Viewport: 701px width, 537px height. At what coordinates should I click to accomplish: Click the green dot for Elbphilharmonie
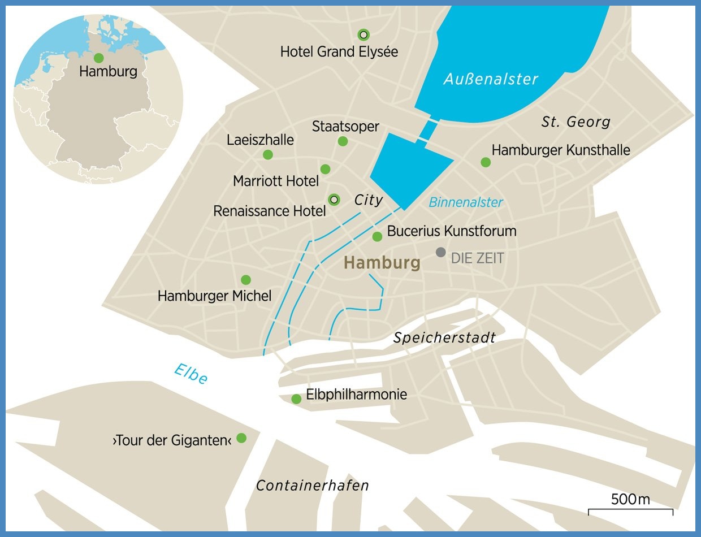click(x=296, y=399)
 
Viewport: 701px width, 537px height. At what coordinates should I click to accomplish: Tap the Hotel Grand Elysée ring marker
click(x=364, y=34)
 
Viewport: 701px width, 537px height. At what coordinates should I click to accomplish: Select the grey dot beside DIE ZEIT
click(x=440, y=252)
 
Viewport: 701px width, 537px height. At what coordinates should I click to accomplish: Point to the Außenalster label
click(x=490, y=79)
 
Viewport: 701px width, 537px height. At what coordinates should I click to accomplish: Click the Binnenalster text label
click(x=465, y=202)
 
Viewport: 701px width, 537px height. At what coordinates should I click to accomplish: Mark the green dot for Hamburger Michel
click(x=245, y=280)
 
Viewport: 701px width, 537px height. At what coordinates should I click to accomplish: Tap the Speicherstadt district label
click(x=444, y=338)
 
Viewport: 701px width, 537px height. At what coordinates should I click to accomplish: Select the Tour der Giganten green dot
click(x=241, y=438)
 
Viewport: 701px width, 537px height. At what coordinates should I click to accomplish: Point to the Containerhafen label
click(x=312, y=486)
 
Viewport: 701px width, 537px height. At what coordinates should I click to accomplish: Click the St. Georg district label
click(x=575, y=122)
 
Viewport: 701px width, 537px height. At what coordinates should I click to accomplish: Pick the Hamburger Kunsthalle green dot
click(x=485, y=162)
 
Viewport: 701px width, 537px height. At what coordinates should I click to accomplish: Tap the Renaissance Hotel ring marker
click(x=334, y=199)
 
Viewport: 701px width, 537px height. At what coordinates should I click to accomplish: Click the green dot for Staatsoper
click(x=342, y=141)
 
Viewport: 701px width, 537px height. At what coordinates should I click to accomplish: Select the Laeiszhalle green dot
click(x=268, y=155)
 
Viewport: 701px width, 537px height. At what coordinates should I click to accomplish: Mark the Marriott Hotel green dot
click(x=325, y=169)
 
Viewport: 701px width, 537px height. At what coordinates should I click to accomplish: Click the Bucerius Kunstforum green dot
click(x=377, y=236)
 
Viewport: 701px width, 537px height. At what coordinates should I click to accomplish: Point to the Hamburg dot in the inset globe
click(x=98, y=58)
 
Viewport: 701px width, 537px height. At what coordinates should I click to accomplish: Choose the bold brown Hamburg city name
click(x=382, y=263)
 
